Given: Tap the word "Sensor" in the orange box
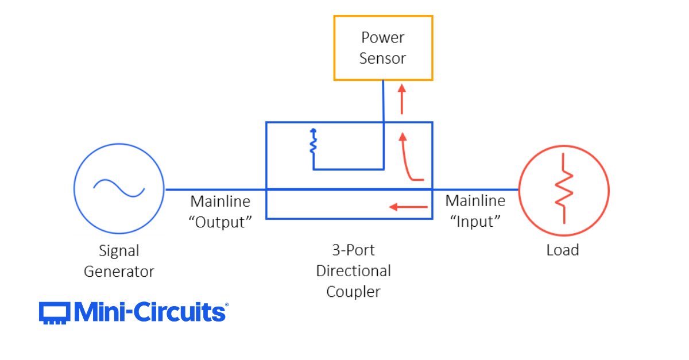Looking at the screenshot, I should tap(383, 59).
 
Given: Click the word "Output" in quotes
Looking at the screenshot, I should tap(220, 222).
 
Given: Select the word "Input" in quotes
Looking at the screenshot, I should tap(475, 222).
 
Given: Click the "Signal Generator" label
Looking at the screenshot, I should tap(119, 261).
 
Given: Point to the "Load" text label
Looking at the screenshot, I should tap(563, 250).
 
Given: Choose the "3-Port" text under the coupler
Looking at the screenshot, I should tap(353, 250).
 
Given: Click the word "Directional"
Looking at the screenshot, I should tap(353, 271).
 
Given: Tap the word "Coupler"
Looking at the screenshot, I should tap(353, 292).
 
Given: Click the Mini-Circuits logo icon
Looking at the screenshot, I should tap(55, 313).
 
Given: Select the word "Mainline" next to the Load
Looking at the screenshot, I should tap(475, 201).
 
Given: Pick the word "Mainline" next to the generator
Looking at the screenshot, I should tap(220, 202).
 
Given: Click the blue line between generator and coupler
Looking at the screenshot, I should tap(215, 189).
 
